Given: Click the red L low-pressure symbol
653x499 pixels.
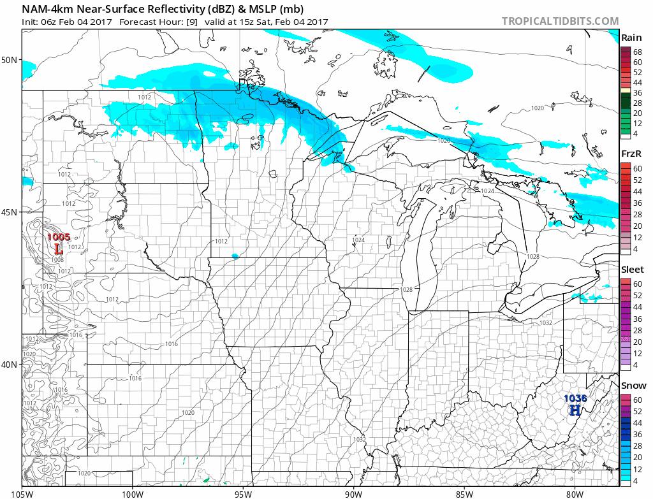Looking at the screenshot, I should pyautogui.click(x=58, y=249).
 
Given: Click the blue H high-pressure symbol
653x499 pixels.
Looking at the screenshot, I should pyautogui.click(x=575, y=410).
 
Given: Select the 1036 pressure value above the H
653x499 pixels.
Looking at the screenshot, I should pyautogui.click(x=575, y=399).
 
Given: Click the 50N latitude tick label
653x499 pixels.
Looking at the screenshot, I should pyautogui.click(x=10, y=60).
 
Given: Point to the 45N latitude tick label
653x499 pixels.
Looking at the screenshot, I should pyautogui.click(x=10, y=212).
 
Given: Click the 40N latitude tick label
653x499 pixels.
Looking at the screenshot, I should pyautogui.click(x=10, y=365).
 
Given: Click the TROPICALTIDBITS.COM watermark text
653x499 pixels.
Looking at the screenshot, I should pyautogui.click(x=560, y=21).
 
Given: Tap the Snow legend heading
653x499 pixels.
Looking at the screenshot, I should pyautogui.click(x=633, y=386).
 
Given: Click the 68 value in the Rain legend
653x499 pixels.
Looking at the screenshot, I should pyautogui.click(x=637, y=51).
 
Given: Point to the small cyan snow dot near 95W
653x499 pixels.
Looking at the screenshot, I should pyautogui.click(x=235, y=256).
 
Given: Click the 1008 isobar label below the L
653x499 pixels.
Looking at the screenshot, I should pyautogui.click(x=57, y=259).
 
